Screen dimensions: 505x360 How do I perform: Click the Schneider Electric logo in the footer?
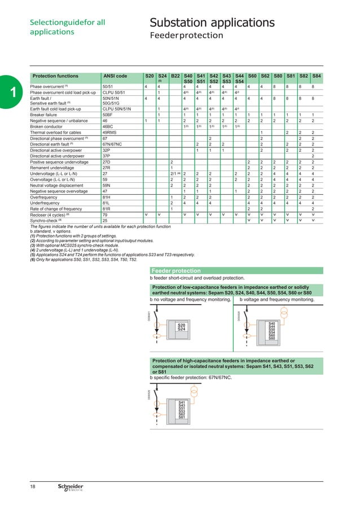pyautogui.click(x=71, y=488)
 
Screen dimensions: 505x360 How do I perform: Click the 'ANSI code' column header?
pyautogui.click(x=115, y=75)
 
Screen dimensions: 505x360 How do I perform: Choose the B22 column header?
pyautogui.click(x=175, y=75)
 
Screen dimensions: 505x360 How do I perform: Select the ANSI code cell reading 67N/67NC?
pyautogui.click(x=113, y=144)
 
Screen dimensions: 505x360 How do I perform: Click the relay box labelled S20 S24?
pyautogui.click(x=181, y=327)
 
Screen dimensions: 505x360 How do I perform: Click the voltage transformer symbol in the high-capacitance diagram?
pyautogui.click(x=194, y=391)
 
